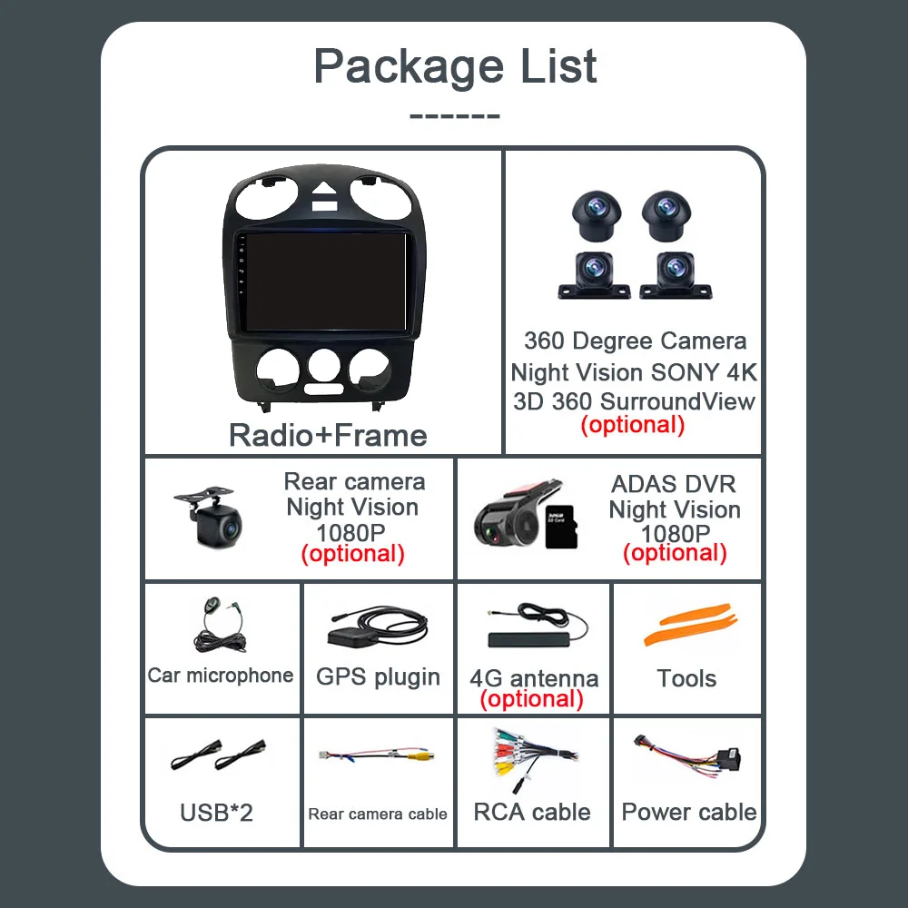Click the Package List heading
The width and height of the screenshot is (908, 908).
click(x=455, y=66)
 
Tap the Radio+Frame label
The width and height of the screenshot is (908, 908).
click(x=328, y=435)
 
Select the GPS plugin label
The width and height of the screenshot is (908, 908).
click(x=378, y=676)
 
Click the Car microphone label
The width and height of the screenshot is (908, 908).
click(x=221, y=675)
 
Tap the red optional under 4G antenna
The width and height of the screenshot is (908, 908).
click(x=531, y=699)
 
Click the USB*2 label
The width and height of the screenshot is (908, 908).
click(x=217, y=812)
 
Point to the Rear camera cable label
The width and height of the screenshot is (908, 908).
click(x=378, y=814)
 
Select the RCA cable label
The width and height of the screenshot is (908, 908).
click(x=532, y=812)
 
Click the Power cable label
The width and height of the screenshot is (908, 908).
click(x=689, y=812)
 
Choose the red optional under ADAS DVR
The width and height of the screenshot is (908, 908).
click(x=675, y=553)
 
